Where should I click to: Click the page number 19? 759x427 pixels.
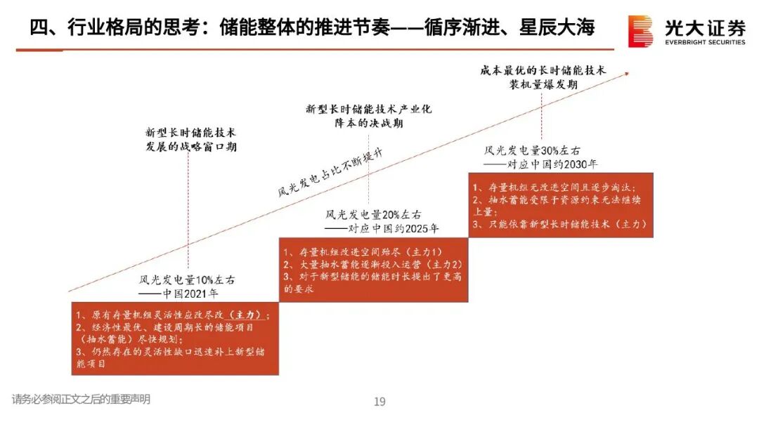[379, 402]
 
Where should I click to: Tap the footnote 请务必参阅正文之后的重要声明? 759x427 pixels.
[81, 400]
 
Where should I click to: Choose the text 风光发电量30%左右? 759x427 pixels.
[532, 150]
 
